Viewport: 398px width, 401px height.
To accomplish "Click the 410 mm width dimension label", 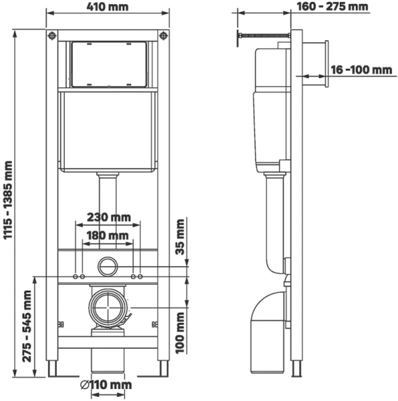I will coord(108,7).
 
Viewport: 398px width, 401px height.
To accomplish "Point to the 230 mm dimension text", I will coord(108,217).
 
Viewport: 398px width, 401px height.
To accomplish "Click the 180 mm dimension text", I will coord(108,236).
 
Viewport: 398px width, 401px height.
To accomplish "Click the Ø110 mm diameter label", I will coord(108,385).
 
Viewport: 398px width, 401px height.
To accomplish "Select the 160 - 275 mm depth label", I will coord(332,7).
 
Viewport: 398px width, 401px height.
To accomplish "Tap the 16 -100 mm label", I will coord(362,70).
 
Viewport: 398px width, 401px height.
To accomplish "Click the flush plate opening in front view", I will coord(108,63).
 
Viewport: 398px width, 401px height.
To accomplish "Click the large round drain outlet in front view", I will coord(108,308).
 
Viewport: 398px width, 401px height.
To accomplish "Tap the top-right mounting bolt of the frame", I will coord(163,35).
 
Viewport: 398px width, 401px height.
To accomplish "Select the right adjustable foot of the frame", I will coord(163,370).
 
